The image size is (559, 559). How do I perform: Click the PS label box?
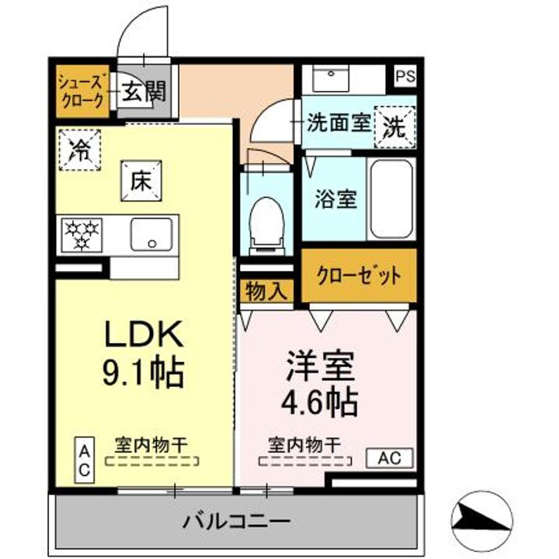[x=404, y=77]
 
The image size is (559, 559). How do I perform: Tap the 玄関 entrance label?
[x=142, y=92]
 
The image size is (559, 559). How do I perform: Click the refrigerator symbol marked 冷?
[x=78, y=148]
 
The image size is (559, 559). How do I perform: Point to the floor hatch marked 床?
[x=141, y=181]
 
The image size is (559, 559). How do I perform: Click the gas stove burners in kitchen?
[x=82, y=234]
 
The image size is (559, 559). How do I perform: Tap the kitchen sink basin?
[x=151, y=234]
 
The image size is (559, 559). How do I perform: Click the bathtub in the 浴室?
[x=393, y=200]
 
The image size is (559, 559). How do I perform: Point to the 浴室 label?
[x=335, y=199]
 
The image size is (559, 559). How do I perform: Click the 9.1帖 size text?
[x=144, y=373]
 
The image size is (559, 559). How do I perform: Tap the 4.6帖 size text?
[x=320, y=402]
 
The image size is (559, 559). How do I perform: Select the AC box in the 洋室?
[x=389, y=458]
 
